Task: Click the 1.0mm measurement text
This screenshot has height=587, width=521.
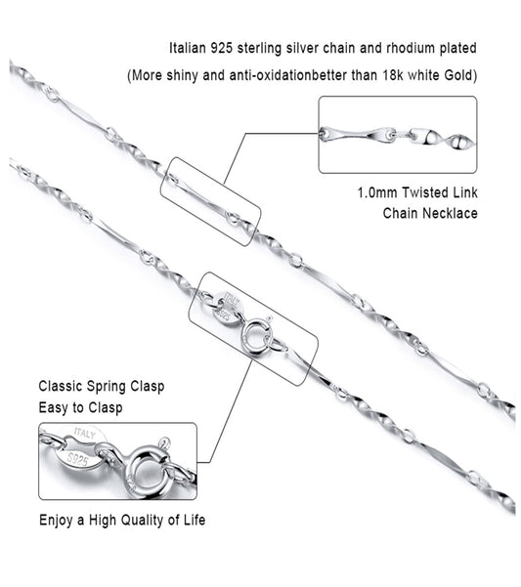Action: (377, 192)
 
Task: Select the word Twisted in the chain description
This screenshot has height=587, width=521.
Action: (425, 192)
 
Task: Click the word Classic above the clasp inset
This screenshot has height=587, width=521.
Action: (60, 387)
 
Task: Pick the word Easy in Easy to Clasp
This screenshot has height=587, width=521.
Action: (54, 407)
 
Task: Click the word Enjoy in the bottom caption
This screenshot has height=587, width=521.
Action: (56, 521)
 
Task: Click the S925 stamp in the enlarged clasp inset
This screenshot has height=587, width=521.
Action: (77, 459)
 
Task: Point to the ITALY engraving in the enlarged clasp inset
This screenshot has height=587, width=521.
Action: (85, 434)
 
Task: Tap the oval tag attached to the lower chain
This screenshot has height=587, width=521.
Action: (228, 307)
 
